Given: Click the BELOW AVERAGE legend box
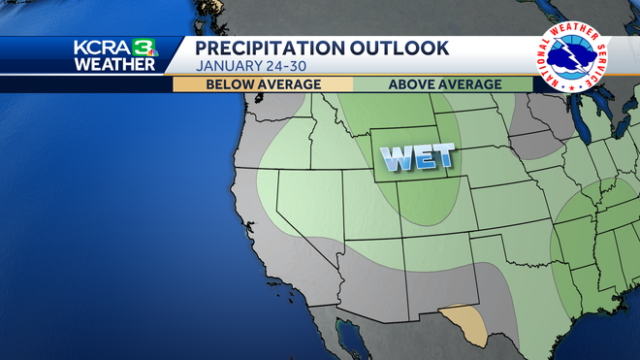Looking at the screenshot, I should [263, 84].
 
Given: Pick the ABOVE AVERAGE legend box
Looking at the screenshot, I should [443, 84].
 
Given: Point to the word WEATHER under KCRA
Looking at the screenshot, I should [113, 65].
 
